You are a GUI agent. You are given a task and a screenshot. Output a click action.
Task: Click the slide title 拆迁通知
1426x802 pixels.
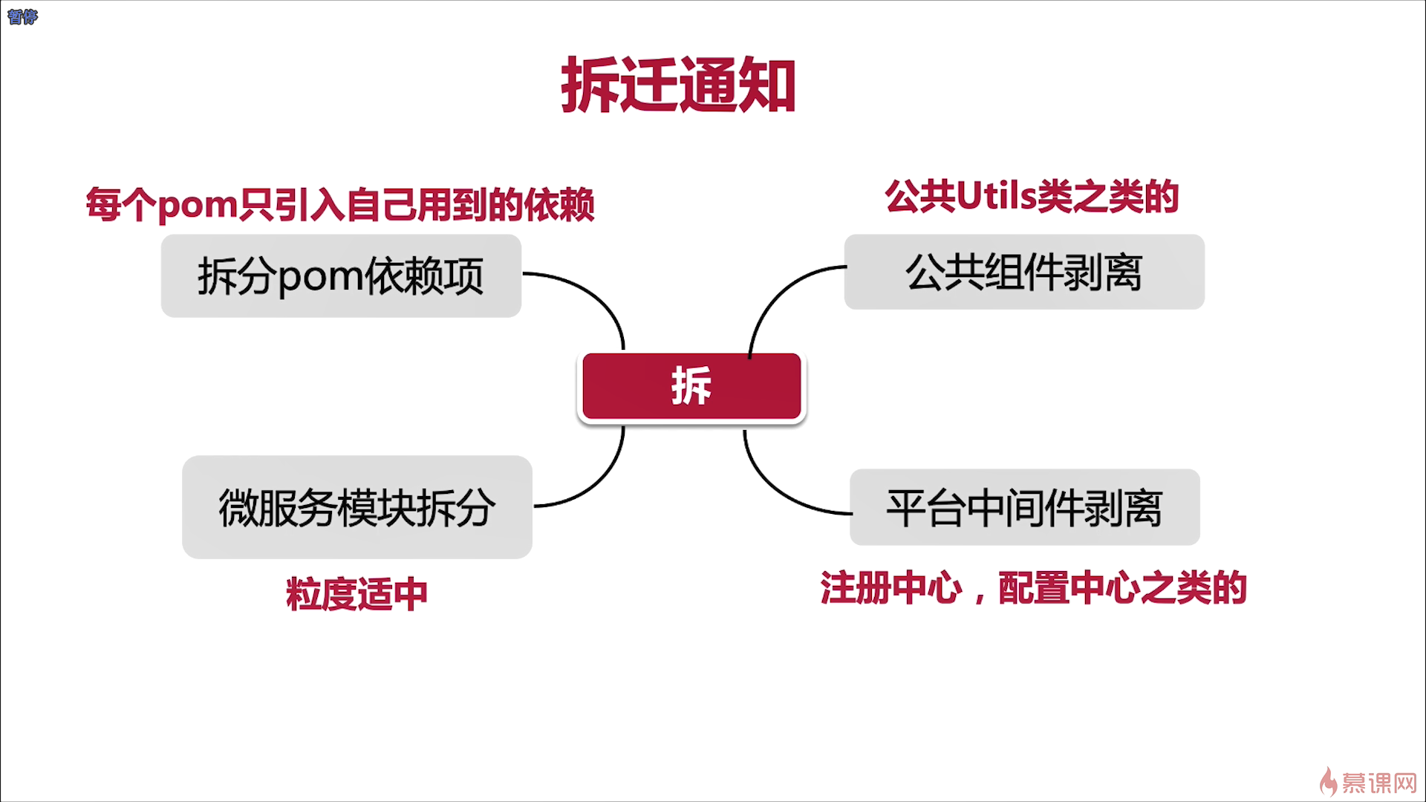tap(678, 86)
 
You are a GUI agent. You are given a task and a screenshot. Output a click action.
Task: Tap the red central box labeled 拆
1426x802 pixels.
tap(691, 386)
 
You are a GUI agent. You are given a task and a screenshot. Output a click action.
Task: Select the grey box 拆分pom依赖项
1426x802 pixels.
tap(341, 276)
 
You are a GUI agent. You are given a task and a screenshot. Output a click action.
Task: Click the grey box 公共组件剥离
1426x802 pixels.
tap(1024, 272)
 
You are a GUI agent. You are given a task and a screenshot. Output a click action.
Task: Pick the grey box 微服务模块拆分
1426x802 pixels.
tap(356, 507)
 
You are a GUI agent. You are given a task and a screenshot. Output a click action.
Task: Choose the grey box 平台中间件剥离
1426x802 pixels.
tap(1024, 507)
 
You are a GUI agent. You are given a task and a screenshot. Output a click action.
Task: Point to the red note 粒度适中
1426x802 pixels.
tap(356, 594)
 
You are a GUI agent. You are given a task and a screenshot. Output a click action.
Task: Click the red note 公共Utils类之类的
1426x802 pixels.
tap(1032, 197)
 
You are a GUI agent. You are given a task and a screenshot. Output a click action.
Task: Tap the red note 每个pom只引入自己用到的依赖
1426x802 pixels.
tap(339, 204)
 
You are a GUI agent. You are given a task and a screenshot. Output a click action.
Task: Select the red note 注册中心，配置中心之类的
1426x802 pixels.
tap(1033, 588)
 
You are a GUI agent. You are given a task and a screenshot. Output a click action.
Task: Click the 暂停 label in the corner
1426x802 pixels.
tap(22, 16)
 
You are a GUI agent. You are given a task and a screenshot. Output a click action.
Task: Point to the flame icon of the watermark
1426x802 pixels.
tap(1328, 782)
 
